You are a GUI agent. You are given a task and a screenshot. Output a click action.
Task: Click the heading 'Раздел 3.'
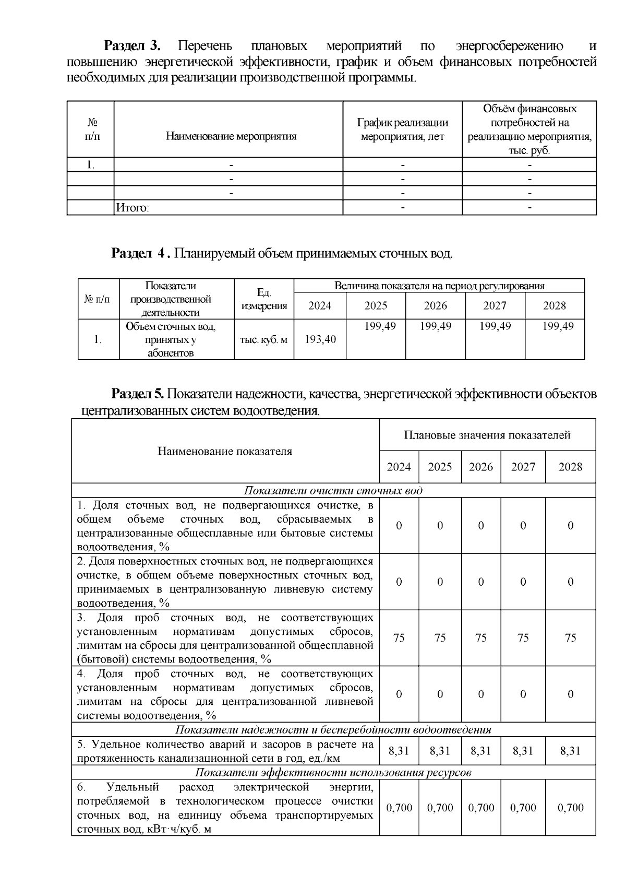click(133, 46)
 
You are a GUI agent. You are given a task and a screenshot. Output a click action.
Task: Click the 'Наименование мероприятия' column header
click(231, 137)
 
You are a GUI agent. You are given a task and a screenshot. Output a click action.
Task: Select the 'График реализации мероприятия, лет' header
click(402, 129)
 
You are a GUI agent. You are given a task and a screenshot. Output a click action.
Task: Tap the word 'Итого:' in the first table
click(132, 208)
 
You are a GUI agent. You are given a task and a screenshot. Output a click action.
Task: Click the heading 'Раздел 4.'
click(140, 254)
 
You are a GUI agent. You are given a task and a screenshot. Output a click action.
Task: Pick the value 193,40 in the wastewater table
click(320, 339)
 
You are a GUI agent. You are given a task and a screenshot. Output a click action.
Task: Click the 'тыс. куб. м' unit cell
click(263, 339)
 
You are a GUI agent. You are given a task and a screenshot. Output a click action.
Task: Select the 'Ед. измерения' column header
click(263, 299)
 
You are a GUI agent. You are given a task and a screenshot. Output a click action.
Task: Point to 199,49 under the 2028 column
click(558, 326)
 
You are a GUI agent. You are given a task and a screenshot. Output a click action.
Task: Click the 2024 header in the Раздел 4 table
click(320, 305)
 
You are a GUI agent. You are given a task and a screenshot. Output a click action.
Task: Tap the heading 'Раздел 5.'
click(138, 394)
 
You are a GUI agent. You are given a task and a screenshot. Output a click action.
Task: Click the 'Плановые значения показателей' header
click(487, 435)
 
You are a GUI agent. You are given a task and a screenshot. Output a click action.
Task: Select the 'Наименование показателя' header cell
click(225, 451)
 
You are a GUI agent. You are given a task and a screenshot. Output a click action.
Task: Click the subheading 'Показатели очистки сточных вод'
click(333, 491)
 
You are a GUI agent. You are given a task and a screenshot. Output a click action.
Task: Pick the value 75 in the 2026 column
click(481, 638)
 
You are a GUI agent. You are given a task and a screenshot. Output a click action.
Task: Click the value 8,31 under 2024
click(399, 751)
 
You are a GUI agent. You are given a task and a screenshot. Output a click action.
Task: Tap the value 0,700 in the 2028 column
click(570, 808)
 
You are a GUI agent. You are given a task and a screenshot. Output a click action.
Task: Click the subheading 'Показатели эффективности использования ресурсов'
click(333, 773)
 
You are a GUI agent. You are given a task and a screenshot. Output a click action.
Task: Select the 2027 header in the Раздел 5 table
click(523, 467)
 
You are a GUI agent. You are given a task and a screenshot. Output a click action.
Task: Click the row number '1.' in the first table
click(91, 165)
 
